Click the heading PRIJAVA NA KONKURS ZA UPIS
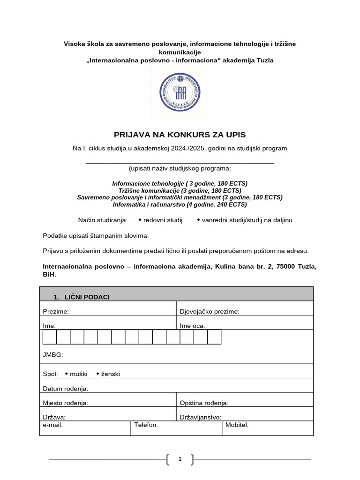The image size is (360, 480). click(x=180, y=135)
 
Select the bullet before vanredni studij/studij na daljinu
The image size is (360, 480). click(x=198, y=220)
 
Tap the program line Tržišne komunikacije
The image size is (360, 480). click(x=180, y=191)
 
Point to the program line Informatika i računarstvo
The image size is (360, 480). click(x=180, y=204)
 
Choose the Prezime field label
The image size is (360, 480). click(x=56, y=312)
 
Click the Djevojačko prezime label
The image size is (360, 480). click(x=210, y=312)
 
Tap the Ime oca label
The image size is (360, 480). click(x=192, y=326)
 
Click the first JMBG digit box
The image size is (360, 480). click(x=50, y=337)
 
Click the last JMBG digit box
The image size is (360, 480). click(x=214, y=337)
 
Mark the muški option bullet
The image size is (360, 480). click(x=67, y=374)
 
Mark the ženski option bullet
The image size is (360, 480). click(x=98, y=374)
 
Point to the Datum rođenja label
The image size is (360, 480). click(x=65, y=389)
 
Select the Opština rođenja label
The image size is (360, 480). click(x=204, y=403)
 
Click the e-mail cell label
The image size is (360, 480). click(x=52, y=425)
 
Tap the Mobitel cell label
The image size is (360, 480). click(x=237, y=425)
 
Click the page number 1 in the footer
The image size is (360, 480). click(x=180, y=460)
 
